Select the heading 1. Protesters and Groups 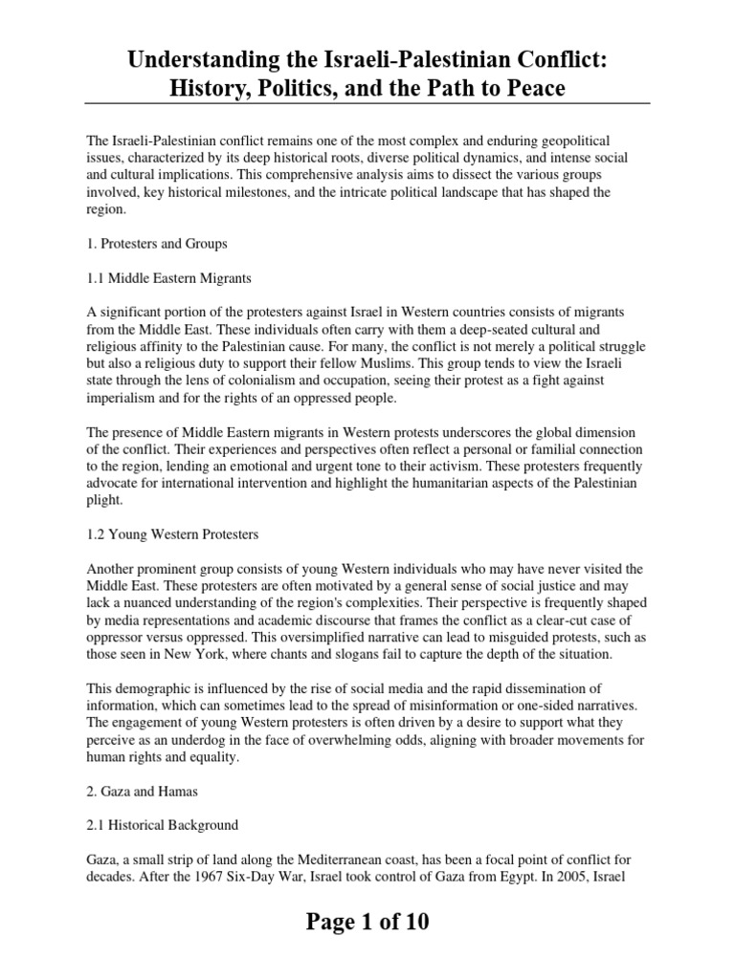tap(157, 244)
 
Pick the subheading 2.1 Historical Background tap(162, 824)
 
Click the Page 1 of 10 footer tap(367, 922)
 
